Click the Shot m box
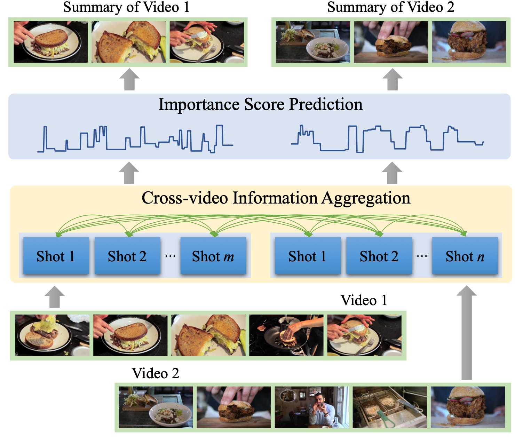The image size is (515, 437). point(213,256)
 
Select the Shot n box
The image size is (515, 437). point(465,256)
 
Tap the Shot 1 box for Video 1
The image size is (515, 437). point(56,256)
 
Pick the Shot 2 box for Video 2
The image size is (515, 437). point(379,256)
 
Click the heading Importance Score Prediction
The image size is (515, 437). point(260,104)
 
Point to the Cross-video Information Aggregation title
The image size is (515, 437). point(276,198)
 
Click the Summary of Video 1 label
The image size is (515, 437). point(126,7)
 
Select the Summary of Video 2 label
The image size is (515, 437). point(390,7)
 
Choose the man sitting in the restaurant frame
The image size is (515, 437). point(312,407)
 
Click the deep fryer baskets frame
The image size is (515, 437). point(390,407)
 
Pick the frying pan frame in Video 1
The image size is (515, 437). point(286,335)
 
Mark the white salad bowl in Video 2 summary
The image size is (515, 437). point(327,49)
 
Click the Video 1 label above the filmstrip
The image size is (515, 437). point(364,300)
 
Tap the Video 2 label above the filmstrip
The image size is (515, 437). point(155,373)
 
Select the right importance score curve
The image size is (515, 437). point(387,138)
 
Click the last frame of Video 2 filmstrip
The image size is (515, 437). point(468,407)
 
